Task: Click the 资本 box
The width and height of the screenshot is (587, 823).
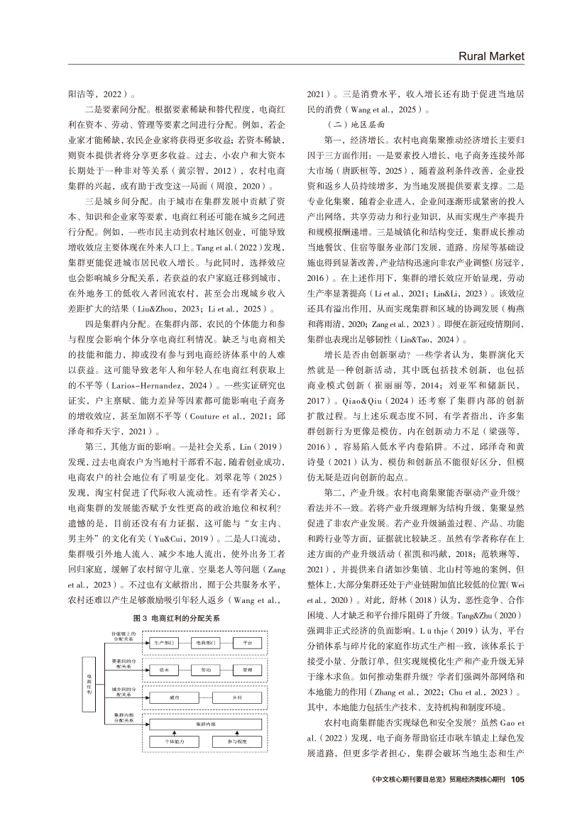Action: tap(164, 669)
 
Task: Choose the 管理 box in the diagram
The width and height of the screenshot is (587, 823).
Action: tap(247, 669)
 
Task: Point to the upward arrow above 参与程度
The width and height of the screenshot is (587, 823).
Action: tap(236, 733)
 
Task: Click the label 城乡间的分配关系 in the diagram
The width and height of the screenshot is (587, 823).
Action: tap(120, 691)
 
